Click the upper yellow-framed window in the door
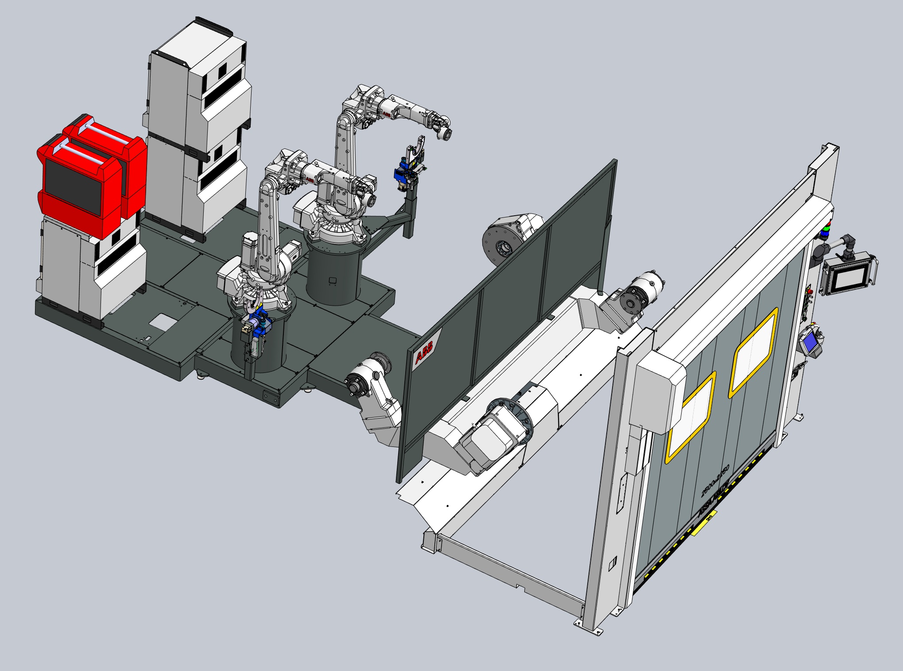[x=753, y=353]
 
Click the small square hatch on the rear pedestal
[x=333, y=280]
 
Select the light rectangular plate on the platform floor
[x=161, y=321]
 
